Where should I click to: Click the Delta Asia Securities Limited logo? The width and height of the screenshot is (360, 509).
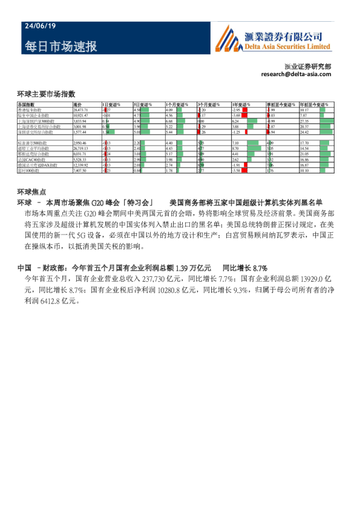(273, 41)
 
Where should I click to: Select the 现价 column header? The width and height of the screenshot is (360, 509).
(77, 105)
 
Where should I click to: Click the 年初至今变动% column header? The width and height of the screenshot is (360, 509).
(312, 105)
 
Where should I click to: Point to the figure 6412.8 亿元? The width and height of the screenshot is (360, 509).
(58, 300)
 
